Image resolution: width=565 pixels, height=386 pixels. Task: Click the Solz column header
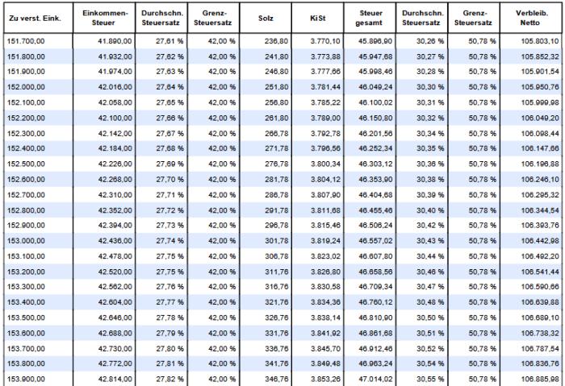pos(266,18)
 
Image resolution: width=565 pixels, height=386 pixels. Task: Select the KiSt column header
pos(318,18)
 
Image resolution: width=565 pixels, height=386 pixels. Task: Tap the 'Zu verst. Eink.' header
pos(35,18)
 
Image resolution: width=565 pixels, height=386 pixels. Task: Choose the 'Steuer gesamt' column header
pos(370,18)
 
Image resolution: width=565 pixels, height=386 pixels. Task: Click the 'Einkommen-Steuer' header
pos(105,18)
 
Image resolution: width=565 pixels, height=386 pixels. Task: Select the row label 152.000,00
pos(26,87)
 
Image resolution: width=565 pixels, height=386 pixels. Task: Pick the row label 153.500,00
pos(26,318)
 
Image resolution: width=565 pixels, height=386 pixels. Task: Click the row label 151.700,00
pos(26,41)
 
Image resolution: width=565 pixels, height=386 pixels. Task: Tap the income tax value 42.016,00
pos(115,87)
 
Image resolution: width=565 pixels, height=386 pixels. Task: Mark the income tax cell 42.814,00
pos(115,380)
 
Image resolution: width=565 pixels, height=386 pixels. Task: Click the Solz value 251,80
pos(276,87)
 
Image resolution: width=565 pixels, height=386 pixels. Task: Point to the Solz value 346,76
pos(276,380)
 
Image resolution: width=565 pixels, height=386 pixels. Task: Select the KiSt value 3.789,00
pos(325,118)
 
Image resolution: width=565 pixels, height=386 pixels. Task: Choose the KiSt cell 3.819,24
pos(325,241)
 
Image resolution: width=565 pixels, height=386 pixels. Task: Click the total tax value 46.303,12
pos(375,164)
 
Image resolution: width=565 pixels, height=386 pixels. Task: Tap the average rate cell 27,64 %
pos(169,87)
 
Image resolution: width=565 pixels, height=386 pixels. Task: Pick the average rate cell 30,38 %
pos(430,180)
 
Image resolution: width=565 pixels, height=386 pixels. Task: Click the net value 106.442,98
pos(540,241)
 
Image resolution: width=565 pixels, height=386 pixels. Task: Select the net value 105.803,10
pos(540,41)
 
